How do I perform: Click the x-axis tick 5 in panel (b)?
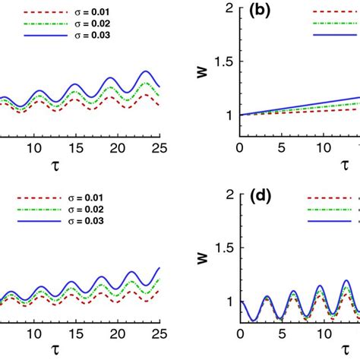[x=283, y=147]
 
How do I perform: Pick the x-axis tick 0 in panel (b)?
[x=240, y=147]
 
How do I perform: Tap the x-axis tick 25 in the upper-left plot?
[x=159, y=147]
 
